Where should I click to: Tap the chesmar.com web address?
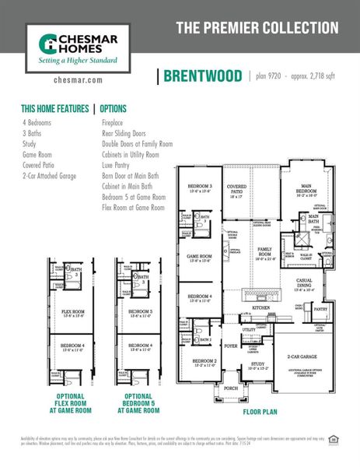click(74, 79)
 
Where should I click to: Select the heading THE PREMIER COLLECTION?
click(257, 28)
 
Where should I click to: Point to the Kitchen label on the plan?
click(261, 309)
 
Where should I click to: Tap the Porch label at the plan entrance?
click(231, 387)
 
